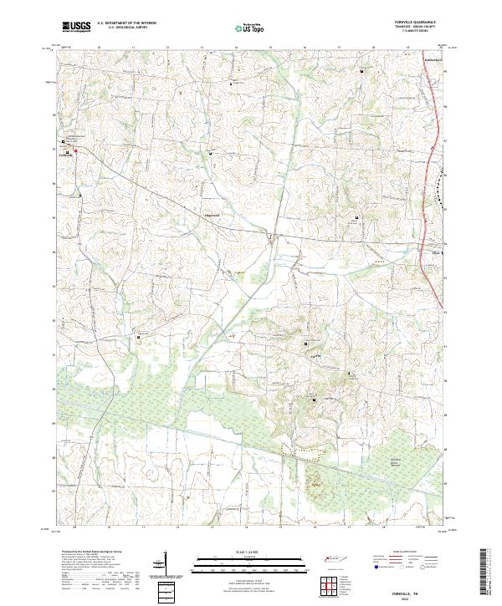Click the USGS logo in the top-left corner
76,27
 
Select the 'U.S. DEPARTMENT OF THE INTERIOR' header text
126,23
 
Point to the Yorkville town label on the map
67,154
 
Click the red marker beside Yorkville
76,151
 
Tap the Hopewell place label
213,215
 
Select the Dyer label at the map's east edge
434,251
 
